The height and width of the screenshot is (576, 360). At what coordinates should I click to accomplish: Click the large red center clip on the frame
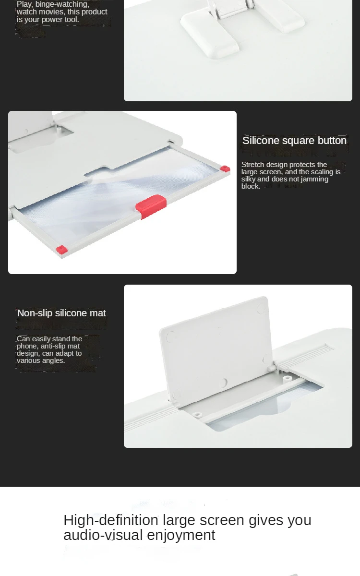click(151, 206)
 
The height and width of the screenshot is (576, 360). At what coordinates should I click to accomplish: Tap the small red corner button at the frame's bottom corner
click(62, 250)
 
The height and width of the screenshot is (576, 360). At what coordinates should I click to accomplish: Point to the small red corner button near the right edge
click(225, 168)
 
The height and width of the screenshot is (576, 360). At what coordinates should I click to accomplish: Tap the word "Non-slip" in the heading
click(35, 313)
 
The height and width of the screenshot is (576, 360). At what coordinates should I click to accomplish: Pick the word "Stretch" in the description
click(252, 165)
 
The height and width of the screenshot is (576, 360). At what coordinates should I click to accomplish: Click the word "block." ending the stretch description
click(251, 186)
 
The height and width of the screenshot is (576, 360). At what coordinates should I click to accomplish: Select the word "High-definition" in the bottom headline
click(111, 520)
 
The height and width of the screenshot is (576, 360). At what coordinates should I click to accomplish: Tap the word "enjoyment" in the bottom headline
click(181, 535)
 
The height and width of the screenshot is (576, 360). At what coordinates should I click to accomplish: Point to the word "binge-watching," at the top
click(62, 4)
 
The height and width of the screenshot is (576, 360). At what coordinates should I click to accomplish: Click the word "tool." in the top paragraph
click(72, 20)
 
